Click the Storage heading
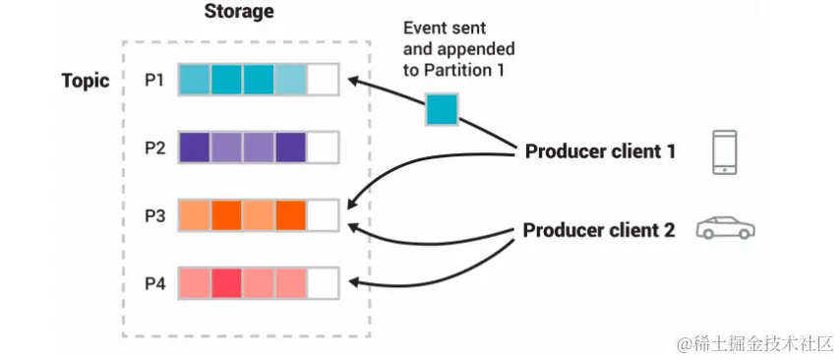[239, 12]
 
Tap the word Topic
[86, 81]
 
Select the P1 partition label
[154, 80]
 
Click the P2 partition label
[155, 148]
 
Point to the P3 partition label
[155, 215]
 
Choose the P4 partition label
[155, 283]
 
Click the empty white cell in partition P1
[323, 80]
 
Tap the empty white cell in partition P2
[323, 148]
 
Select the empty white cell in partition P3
[323, 215]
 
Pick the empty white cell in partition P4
[323, 283]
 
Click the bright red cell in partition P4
[226, 283]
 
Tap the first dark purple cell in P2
[195, 148]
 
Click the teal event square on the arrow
[442, 109]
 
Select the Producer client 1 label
[600, 151]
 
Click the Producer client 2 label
[599, 230]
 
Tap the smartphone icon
[724, 152]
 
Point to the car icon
[725, 227]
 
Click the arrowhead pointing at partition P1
[355, 81]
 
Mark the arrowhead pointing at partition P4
[355, 282]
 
